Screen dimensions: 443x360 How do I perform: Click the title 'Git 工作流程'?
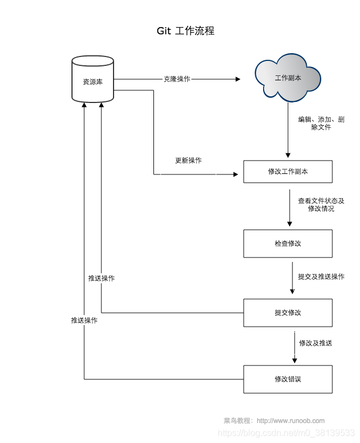(185, 31)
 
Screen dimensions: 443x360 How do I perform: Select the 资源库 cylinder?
(92, 81)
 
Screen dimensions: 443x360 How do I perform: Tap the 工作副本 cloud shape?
(288, 78)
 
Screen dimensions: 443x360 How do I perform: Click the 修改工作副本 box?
(287, 172)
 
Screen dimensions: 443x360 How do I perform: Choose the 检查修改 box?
(287, 244)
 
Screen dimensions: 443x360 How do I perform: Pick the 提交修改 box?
(287, 313)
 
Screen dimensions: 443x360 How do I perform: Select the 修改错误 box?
(287, 379)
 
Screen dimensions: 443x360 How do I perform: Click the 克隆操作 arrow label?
(177, 79)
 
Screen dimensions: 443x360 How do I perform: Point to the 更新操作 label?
(188, 161)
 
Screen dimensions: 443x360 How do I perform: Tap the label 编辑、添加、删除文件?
(321, 123)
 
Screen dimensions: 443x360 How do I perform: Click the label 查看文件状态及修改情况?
(321, 205)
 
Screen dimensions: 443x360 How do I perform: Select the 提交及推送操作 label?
(321, 276)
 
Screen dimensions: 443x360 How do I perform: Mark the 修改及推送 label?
(316, 343)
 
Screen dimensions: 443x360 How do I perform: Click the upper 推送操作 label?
(101, 278)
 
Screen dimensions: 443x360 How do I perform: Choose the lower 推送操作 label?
(84, 321)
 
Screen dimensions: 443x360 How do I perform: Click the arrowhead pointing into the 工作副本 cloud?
(238, 79)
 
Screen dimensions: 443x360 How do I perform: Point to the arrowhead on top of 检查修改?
(289, 224)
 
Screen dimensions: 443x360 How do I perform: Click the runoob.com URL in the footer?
(291, 421)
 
